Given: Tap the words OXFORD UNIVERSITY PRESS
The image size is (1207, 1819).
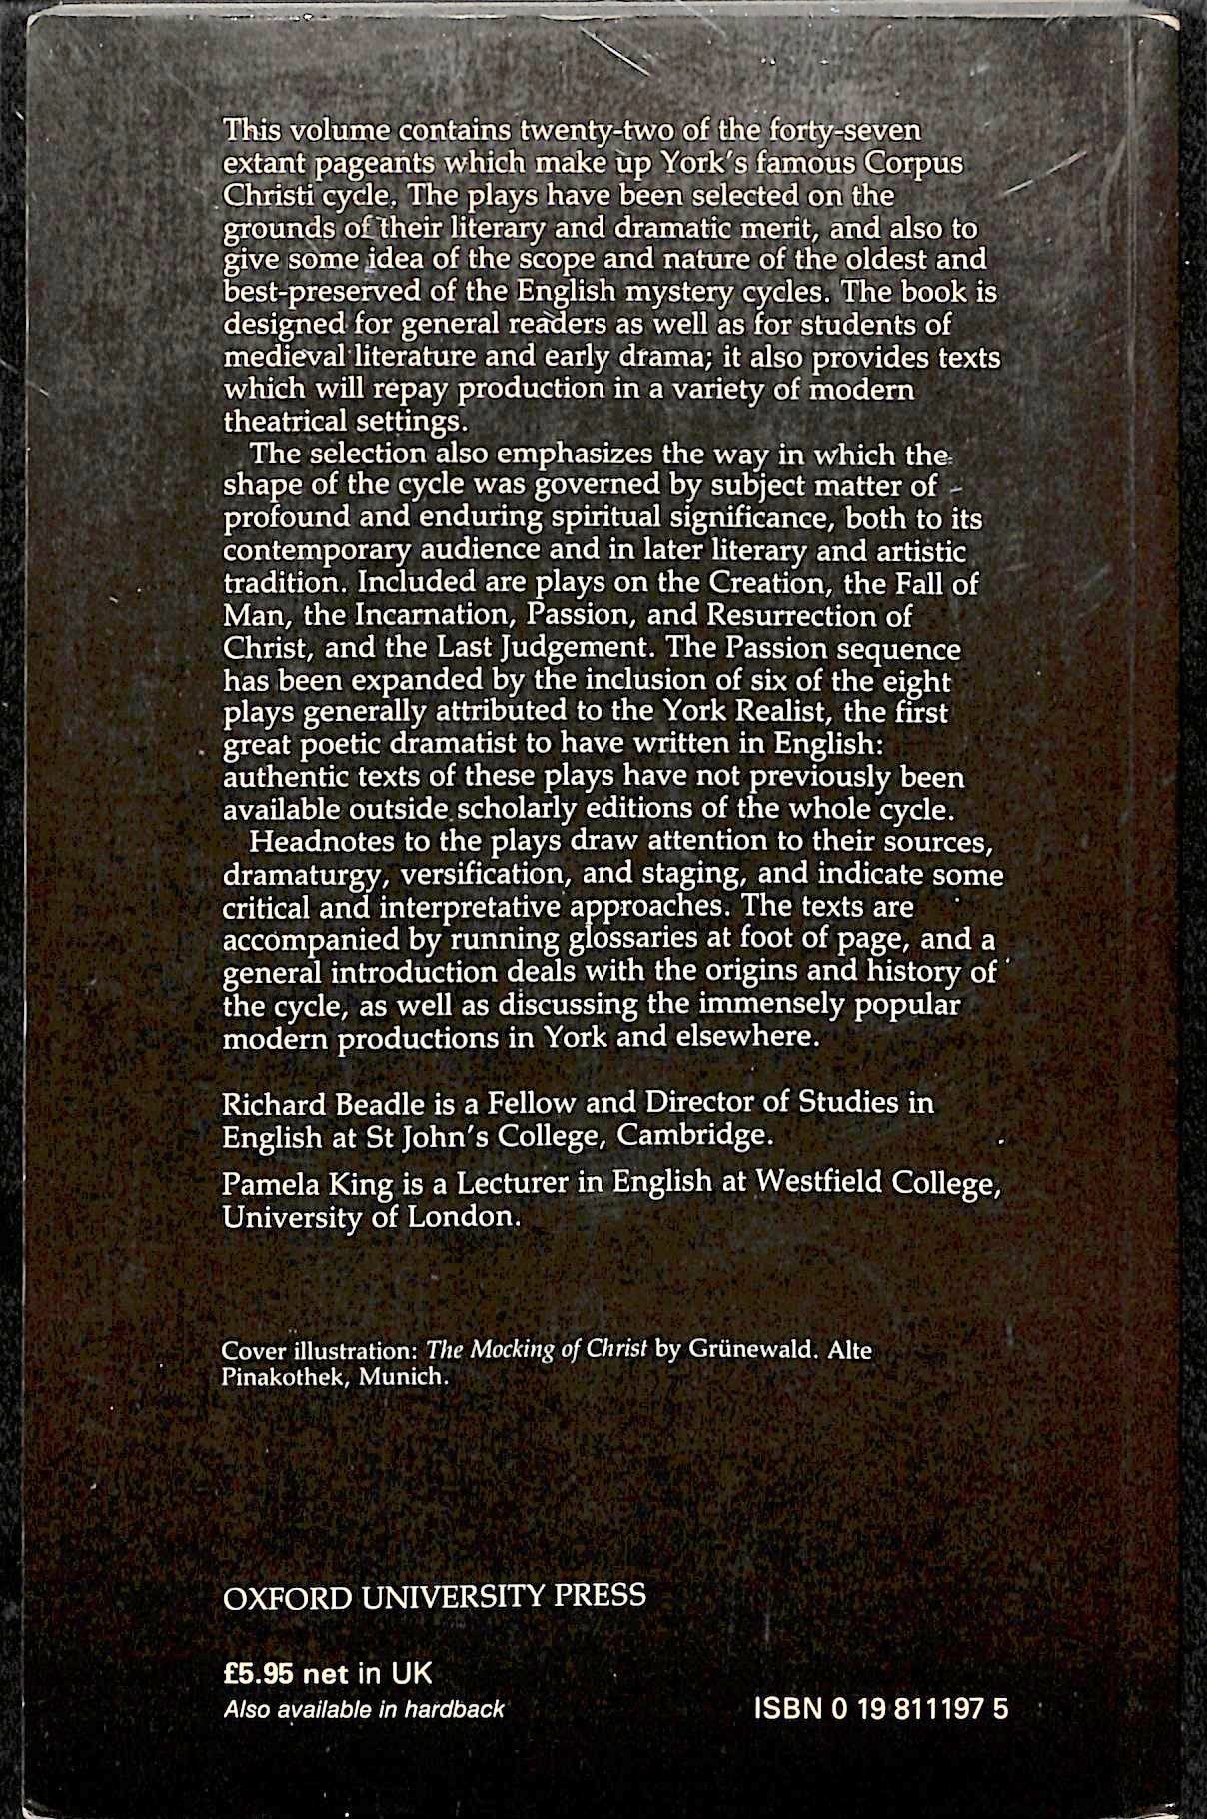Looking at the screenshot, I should tap(434, 1595).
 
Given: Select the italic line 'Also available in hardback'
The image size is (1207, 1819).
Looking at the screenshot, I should tap(364, 1709).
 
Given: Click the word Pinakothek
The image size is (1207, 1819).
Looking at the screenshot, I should tap(284, 1377).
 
